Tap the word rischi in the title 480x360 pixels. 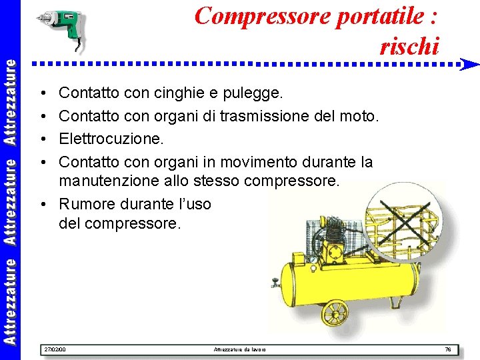[409, 46]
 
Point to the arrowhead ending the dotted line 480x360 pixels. [469, 65]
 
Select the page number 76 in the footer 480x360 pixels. [448, 349]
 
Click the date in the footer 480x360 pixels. [54, 349]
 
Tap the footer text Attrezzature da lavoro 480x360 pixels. [239, 349]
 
